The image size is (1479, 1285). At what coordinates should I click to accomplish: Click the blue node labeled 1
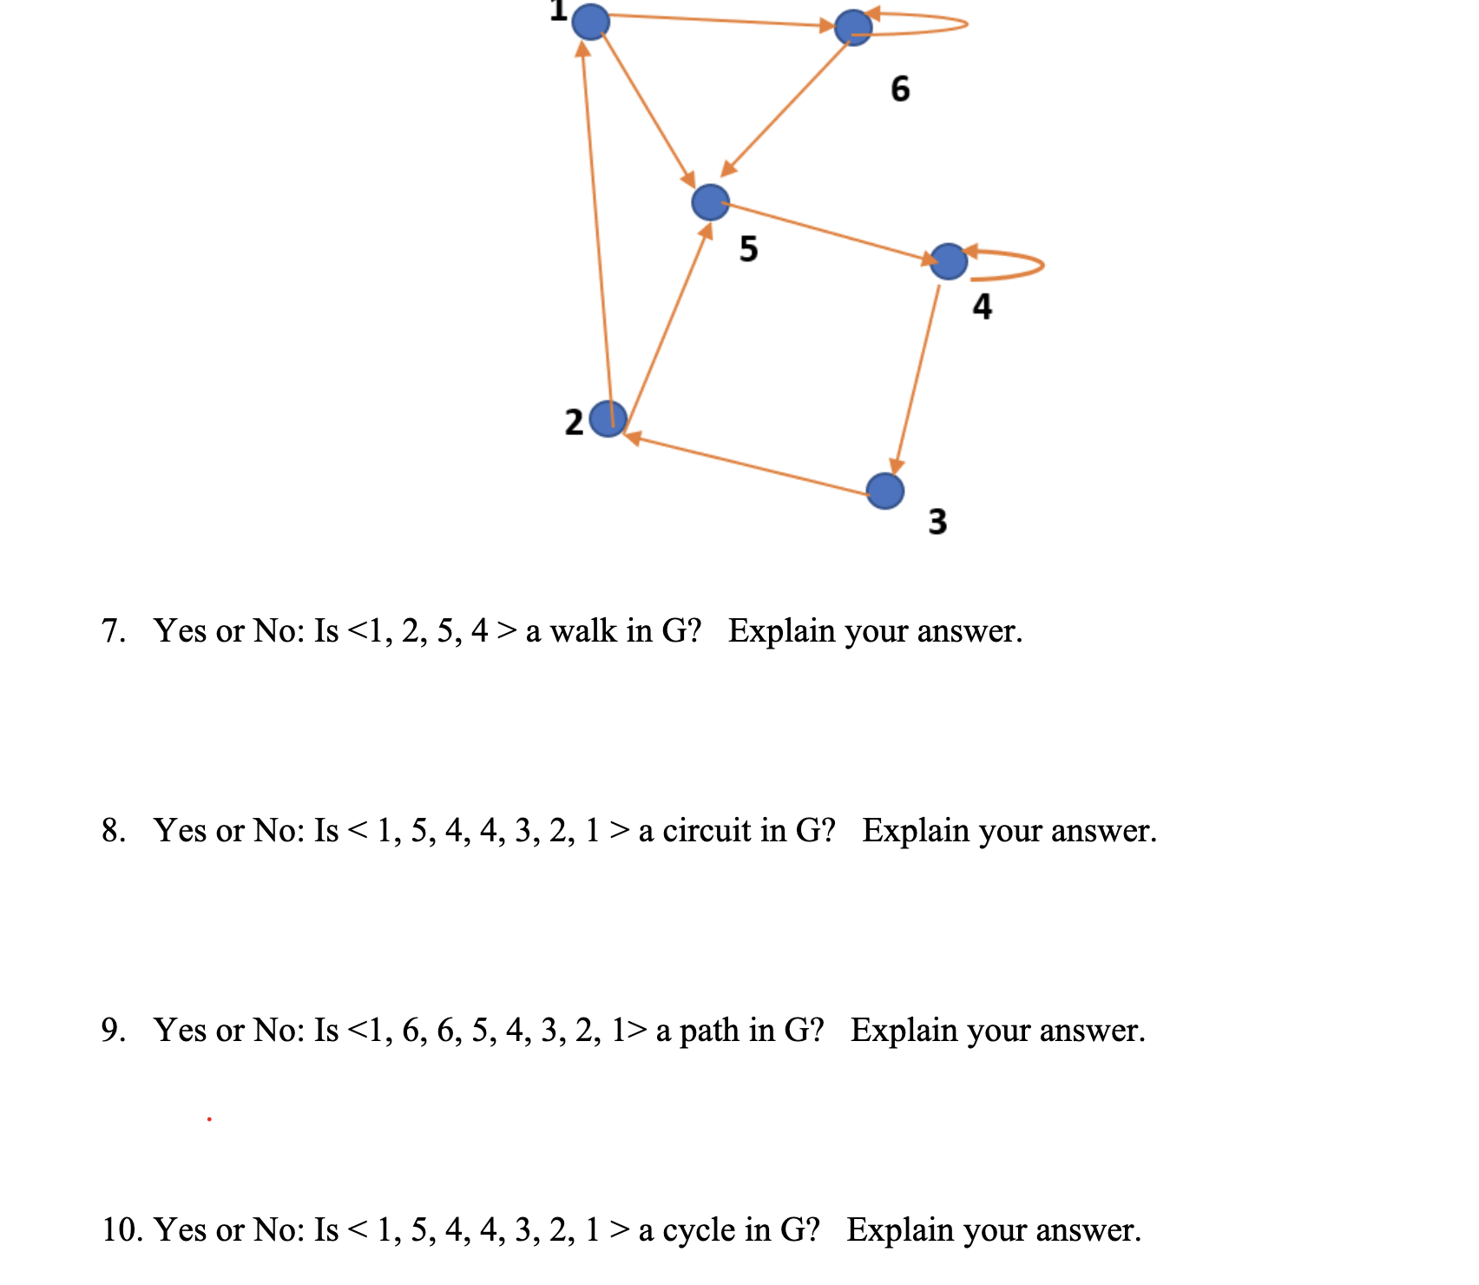click(591, 21)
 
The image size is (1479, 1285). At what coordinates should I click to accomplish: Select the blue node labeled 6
click(853, 28)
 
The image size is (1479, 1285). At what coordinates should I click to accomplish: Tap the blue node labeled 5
click(711, 202)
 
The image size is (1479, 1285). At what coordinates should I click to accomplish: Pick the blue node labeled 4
click(949, 261)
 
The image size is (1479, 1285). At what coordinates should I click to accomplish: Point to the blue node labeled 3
click(885, 491)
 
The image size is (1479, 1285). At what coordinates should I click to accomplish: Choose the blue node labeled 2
click(608, 419)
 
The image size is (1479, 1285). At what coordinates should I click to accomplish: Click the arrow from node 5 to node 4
click(829, 232)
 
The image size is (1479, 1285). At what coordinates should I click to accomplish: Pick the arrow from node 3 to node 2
click(746, 464)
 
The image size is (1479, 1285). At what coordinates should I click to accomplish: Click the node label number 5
click(749, 249)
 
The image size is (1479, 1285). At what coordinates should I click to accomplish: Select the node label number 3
click(937, 521)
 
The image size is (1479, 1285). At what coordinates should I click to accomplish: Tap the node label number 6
click(900, 89)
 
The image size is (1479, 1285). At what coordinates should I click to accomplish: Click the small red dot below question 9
click(209, 1119)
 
